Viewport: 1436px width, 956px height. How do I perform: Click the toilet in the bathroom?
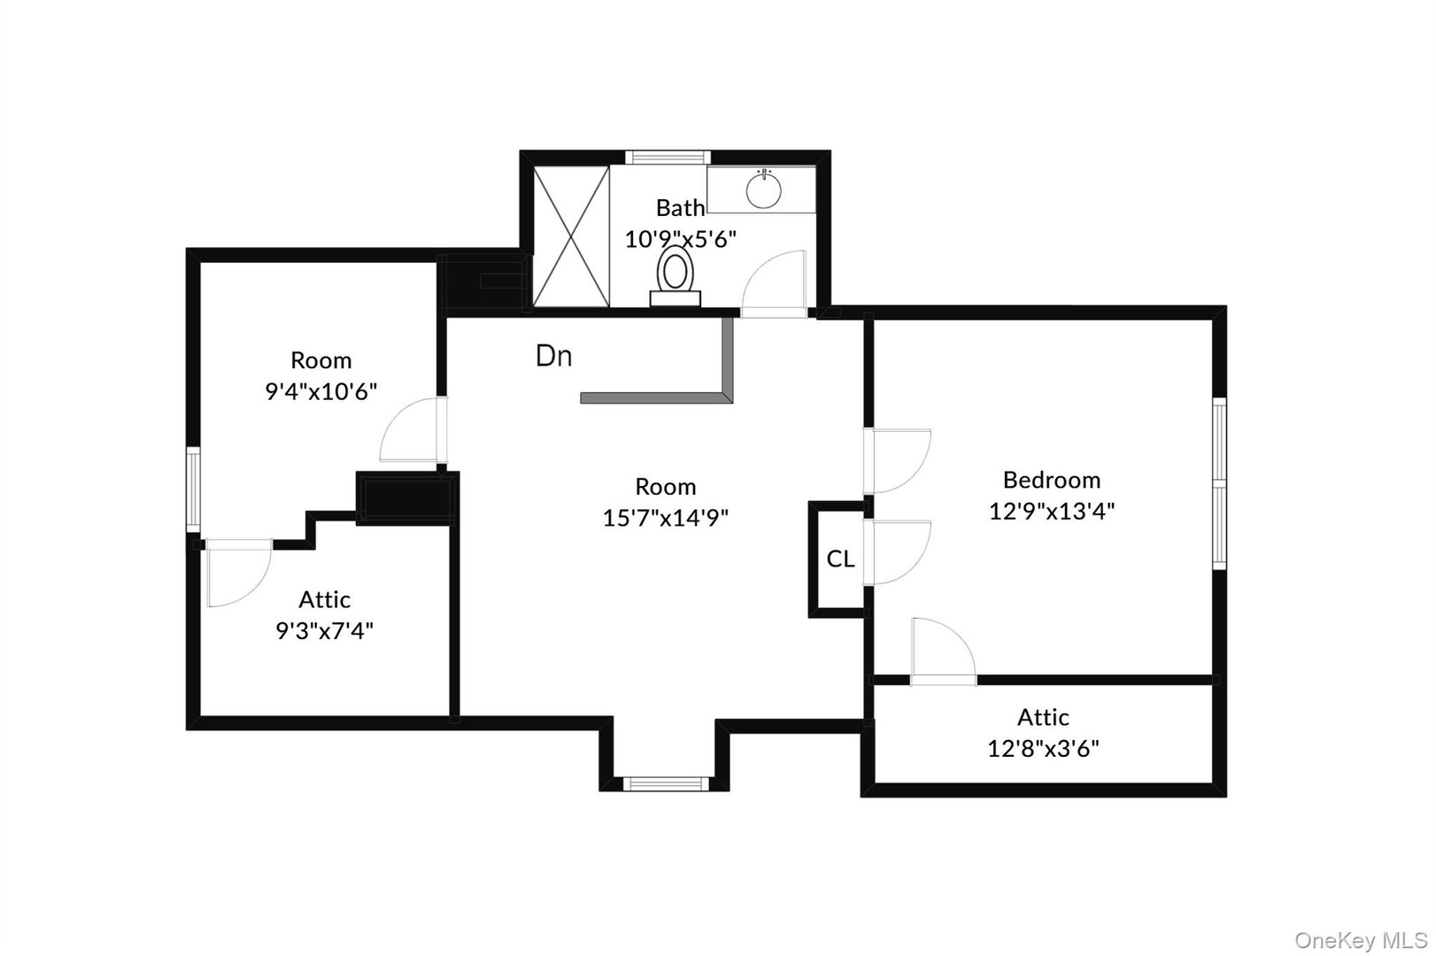(676, 275)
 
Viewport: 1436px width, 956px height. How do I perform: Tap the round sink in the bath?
(763, 189)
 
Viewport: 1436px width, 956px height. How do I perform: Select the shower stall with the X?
(570, 236)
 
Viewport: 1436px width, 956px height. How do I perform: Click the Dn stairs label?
(554, 356)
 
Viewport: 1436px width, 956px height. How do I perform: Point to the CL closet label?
(840, 559)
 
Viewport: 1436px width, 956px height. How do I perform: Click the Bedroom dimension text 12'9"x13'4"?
(1052, 511)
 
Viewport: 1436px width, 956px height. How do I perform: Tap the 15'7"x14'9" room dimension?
(666, 518)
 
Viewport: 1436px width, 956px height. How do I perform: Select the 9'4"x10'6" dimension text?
(321, 391)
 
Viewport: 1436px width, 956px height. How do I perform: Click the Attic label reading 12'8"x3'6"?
(1043, 749)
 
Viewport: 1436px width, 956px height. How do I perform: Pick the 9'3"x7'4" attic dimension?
(325, 631)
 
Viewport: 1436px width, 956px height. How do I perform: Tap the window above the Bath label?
(668, 157)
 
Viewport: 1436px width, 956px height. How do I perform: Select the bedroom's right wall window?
(1219, 482)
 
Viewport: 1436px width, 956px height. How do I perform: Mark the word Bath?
(680, 208)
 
